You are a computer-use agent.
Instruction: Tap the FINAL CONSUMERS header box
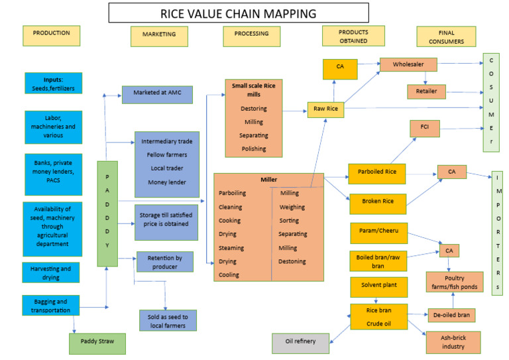[x=446, y=36]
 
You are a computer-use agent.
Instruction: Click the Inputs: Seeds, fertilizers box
[x=54, y=83]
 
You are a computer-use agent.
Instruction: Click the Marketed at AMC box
[x=157, y=94]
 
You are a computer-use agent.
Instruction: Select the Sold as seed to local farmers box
[x=168, y=322]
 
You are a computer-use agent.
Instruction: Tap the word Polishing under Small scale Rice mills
[x=254, y=149]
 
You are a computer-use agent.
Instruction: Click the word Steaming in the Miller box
[x=231, y=248]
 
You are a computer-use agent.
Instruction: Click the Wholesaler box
[x=408, y=65]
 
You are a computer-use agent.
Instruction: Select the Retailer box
[x=427, y=91]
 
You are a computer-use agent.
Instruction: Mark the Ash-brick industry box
[x=453, y=342]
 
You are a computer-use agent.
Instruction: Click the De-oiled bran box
[x=451, y=315]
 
